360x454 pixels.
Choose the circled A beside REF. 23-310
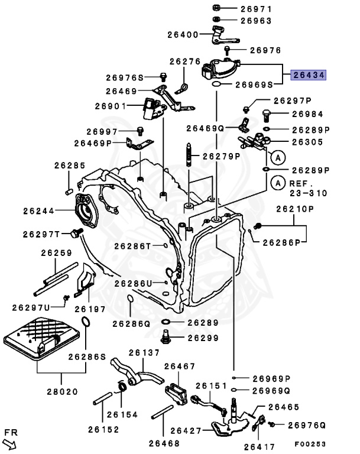pos(275,184)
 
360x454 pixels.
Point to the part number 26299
pos(204,338)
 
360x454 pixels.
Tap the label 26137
pos(144,353)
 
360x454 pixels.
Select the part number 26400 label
pos(183,35)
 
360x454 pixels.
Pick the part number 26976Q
pos(307,424)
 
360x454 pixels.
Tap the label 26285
pos(70,166)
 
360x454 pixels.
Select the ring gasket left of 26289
pos(166,323)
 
